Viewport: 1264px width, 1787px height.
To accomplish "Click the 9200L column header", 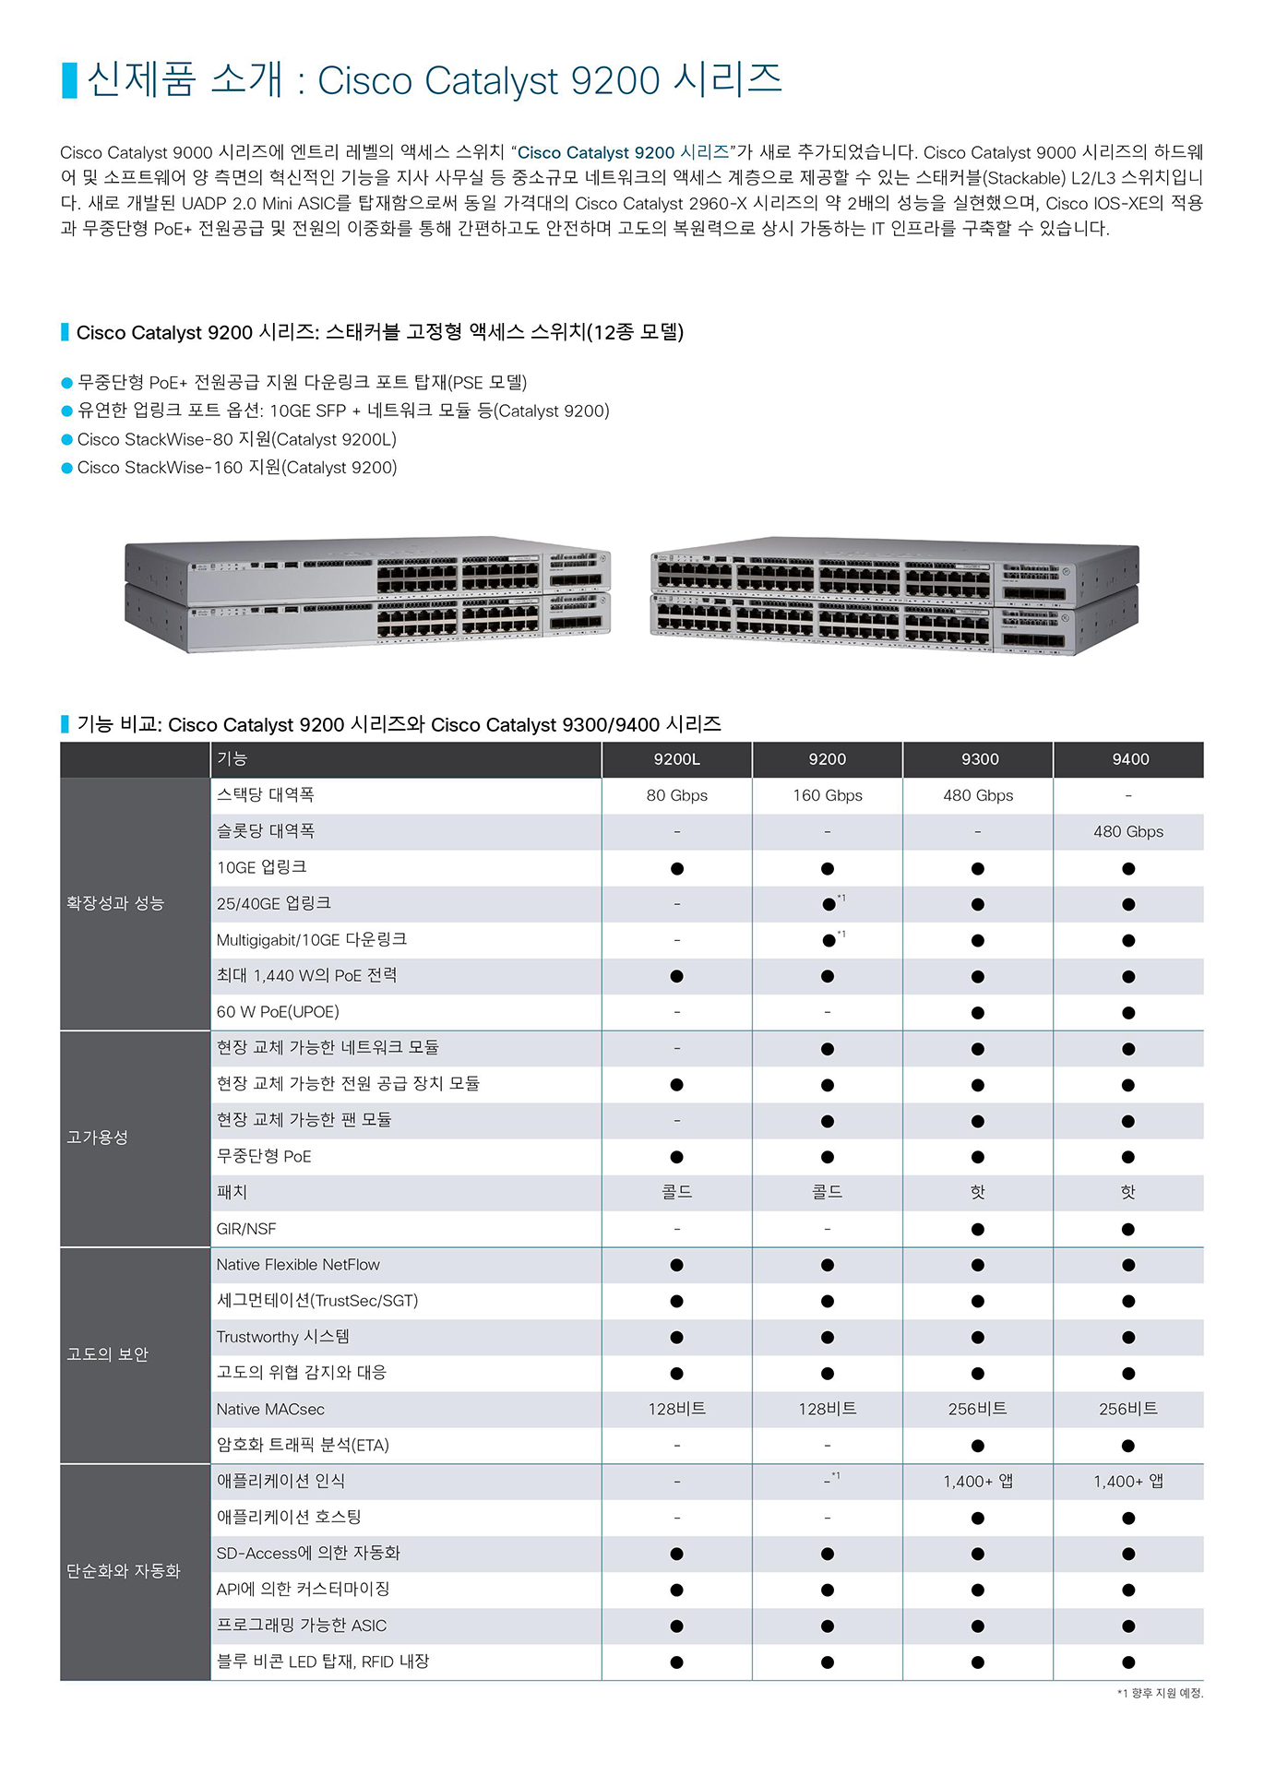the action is tap(676, 759).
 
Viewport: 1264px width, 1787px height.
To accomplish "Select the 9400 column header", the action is tap(1130, 759).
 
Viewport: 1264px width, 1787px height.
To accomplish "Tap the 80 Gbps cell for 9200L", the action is tap(676, 795).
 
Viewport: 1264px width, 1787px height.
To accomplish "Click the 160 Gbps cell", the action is tap(828, 795).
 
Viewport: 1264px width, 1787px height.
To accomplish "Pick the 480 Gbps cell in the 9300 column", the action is tap(978, 795).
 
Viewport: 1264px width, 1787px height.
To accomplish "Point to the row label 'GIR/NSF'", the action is tap(246, 1229).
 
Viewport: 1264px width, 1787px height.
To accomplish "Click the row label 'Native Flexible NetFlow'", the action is tap(298, 1265).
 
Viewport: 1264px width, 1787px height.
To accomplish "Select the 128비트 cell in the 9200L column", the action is tap(676, 1409).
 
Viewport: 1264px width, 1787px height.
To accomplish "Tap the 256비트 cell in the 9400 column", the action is tap(1128, 1409).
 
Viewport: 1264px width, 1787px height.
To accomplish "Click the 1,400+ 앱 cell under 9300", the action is tap(978, 1482).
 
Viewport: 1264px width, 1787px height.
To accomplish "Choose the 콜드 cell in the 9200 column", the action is tap(828, 1192).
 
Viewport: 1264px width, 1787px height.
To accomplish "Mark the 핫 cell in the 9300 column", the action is tap(978, 1192).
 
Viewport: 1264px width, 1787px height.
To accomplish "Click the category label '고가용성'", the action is tap(97, 1138).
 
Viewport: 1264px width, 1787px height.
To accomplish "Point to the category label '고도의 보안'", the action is tap(107, 1354).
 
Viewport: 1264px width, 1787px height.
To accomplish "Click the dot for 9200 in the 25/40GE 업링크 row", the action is tap(829, 905).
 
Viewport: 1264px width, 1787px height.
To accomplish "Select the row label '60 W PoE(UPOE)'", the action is tap(278, 1012).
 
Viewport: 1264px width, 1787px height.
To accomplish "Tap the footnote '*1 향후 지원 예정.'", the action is tap(1160, 1693).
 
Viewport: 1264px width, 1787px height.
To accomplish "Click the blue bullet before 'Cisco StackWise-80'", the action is tap(66, 440).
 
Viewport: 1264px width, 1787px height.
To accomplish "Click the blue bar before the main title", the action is tap(69, 80).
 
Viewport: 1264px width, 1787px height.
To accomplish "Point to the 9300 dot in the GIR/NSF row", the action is tap(978, 1230).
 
